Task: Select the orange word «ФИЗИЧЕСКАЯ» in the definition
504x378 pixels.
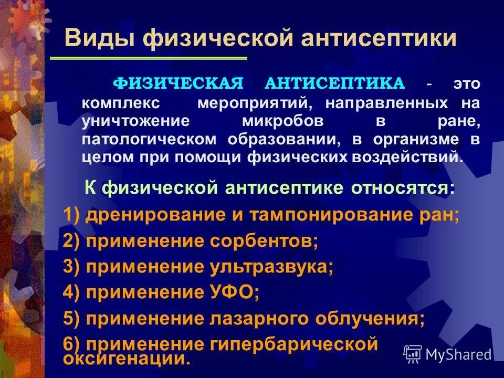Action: (179, 83)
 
